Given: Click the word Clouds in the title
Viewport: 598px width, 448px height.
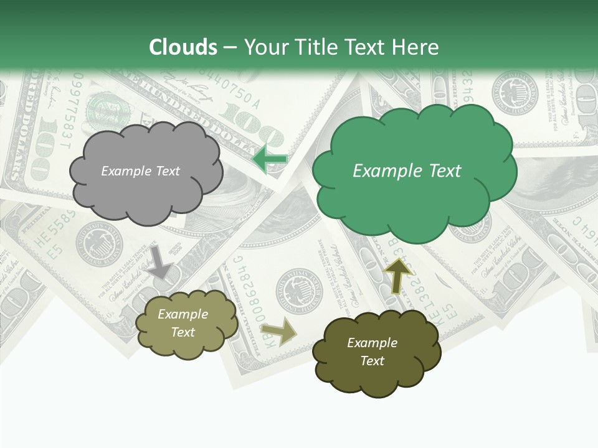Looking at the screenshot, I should [183, 47].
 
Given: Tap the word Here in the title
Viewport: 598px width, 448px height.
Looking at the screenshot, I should [417, 47].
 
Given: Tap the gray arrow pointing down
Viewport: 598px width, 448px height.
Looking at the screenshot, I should [160, 262].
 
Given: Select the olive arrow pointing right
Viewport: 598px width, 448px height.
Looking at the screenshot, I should [278, 332].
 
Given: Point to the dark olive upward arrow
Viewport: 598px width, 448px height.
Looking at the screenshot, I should [399, 275].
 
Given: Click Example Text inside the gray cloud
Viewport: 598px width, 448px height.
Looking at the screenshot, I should [140, 171].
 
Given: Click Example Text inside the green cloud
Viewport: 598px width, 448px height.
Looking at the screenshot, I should [407, 171].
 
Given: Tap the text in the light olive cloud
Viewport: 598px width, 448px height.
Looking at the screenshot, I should [183, 323].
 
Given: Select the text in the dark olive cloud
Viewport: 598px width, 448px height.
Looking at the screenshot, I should [372, 352].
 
